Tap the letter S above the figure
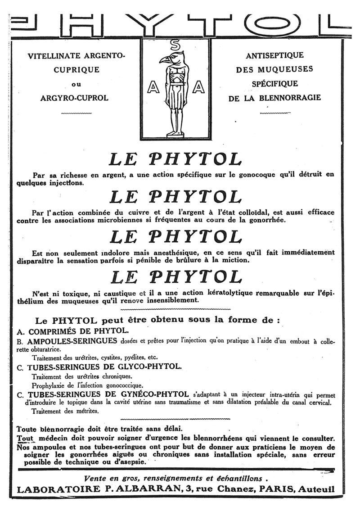pos(175,45)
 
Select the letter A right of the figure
pos(198,88)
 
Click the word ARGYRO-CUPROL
pos(74,98)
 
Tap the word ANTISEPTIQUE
pos(274,56)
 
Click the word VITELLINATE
pos(54,56)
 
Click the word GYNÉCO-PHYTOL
pos(152,394)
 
